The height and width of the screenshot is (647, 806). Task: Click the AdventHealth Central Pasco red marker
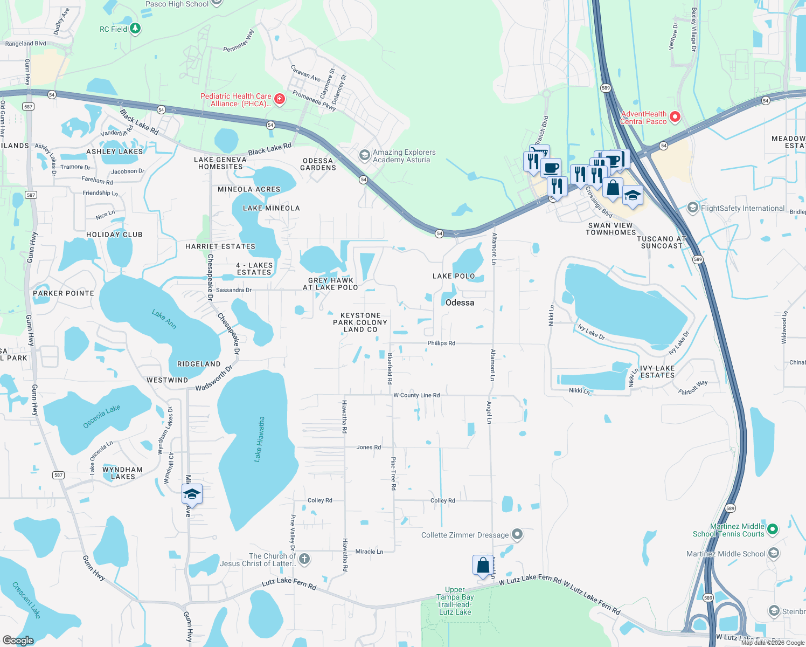pyautogui.click(x=675, y=117)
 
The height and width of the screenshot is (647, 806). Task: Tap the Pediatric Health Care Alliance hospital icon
pyautogui.click(x=279, y=99)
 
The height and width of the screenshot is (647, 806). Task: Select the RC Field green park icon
pyautogui.click(x=135, y=29)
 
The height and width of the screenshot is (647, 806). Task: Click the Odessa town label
pyautogui.click(x=460, y=302)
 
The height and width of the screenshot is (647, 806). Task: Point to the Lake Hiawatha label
pyautogui.click(x=260, y=439)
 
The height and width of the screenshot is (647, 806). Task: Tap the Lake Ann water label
pyautogui.click(x=164, y=319)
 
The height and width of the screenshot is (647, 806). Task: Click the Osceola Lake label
pyautogui.click(x=102, y=417)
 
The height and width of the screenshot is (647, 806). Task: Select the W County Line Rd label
pyautogui.click(x=416, y=395)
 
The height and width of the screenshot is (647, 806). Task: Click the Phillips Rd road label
pyautogui.click(x=441, y=343)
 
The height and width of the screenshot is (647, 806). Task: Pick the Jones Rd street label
pyautogui.click(x=369, y=447)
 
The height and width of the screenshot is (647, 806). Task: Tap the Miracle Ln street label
pyautogui.click(x=369, y=551)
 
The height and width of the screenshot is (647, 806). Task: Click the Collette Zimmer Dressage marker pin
pyautogui.click(x=517, y=534)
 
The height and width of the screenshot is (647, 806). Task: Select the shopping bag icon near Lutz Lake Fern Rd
pyautogui.click(x=483, y=565)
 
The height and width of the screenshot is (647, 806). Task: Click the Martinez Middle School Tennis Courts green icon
pyautogui.click(x=773, y=529)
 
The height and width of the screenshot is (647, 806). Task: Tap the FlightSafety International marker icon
pyautogui.click(x=693, y=208)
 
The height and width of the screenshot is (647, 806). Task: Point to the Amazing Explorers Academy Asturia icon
pyautogui.click(x=365, y=156)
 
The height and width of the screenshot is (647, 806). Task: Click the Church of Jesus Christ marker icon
pyautogui.click(x=304, y=559)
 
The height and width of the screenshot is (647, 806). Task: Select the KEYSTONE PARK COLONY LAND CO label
pyautogui.click(x=360, y=322)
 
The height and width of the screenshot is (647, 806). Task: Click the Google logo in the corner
pyautogui.click(x=18, y=640)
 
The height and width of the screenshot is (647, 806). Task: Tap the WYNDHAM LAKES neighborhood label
pyautogui.click(x=122, y=473)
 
